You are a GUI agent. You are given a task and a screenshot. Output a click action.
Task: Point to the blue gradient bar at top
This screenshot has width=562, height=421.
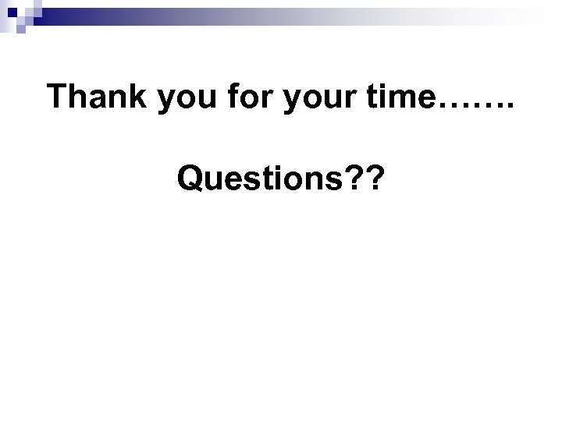click(x=234, y=9)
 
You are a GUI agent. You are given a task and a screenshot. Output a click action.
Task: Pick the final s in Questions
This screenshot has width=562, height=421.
click(x=338, y=183)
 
